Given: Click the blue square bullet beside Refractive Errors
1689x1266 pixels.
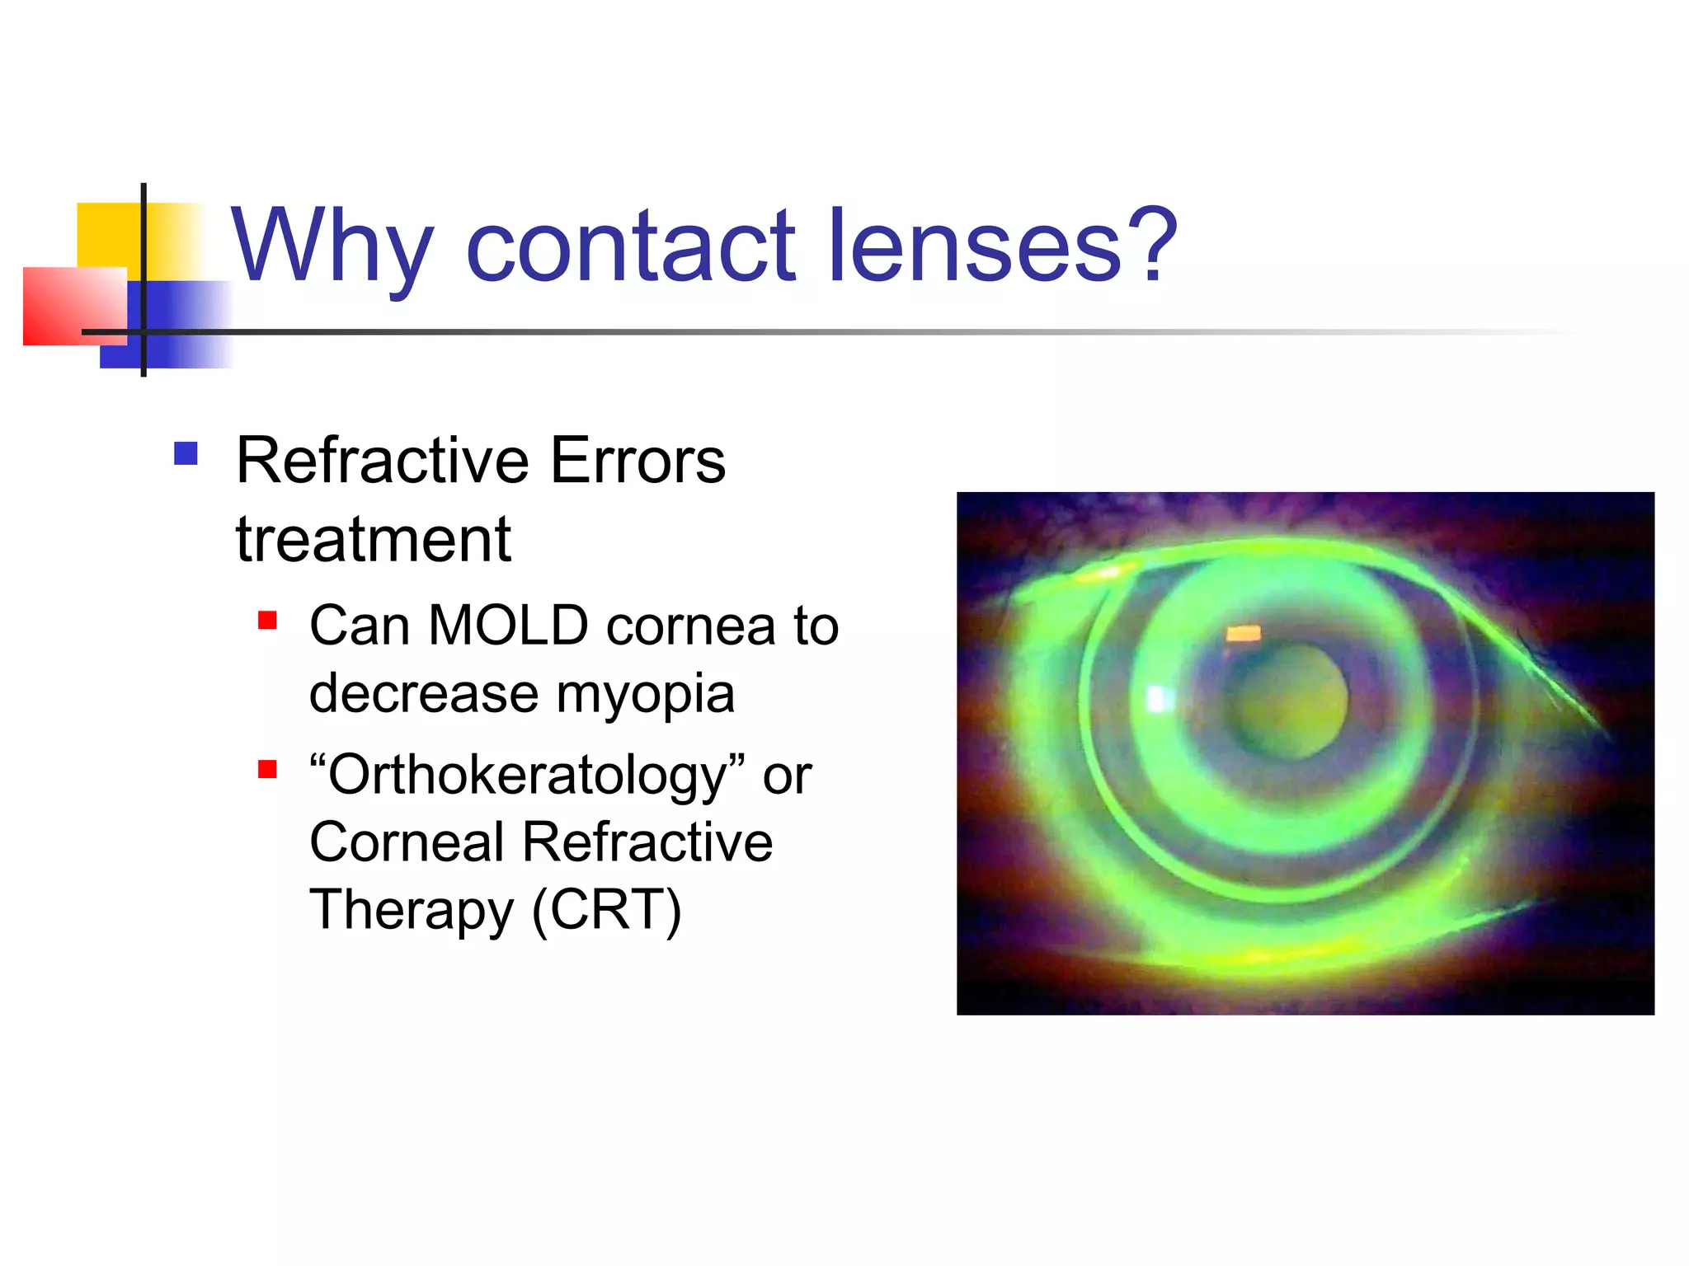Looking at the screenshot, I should click(186, 454).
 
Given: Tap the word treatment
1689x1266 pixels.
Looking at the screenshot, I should click(373, 540).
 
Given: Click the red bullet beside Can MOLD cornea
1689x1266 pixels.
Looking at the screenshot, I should click(267, 620).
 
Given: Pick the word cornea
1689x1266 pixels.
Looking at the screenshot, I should click(691, 627).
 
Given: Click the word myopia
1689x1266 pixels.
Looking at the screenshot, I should click(645, 694).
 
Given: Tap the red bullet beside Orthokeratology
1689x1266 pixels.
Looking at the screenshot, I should click(267, 769).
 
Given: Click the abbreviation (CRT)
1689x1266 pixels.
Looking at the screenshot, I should click(606, 910).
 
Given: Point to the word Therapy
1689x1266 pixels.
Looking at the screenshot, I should click(411, 912).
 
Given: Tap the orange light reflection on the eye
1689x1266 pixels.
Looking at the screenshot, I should click(1243, 633).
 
